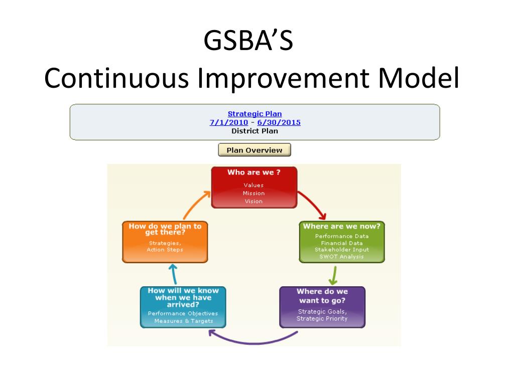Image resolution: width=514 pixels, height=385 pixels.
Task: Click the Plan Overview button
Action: (x=254, y=150)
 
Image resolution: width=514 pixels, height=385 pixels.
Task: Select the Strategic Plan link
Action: (x=254, y=114)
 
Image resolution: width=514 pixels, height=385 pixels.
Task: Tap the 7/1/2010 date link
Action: (x=228, y=122)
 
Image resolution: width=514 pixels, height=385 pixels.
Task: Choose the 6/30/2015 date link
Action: (x=279, y=122)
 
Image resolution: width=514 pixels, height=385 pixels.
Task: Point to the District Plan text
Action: (x=254, y=131)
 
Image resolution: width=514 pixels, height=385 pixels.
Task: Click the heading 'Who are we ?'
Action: (x=253, y=172)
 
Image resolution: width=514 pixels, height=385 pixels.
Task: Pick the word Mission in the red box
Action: (x=253, y=193)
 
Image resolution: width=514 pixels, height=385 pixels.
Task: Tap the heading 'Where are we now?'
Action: (x=341, y=226)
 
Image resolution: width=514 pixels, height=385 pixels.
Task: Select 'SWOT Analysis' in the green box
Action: (x=341, y=257)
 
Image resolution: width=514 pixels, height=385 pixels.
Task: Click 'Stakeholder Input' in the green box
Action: (x=341, y=250)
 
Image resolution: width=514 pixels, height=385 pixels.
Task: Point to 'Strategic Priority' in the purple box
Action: (x=322, y=318)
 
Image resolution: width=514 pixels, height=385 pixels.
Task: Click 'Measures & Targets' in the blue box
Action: (x=183, y=321)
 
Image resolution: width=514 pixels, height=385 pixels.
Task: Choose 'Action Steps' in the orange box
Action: (x=165, y=250)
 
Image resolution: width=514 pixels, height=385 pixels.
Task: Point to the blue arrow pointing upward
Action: (x=173, y=274)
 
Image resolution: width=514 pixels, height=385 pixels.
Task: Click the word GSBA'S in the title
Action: (x=248, y=41)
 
